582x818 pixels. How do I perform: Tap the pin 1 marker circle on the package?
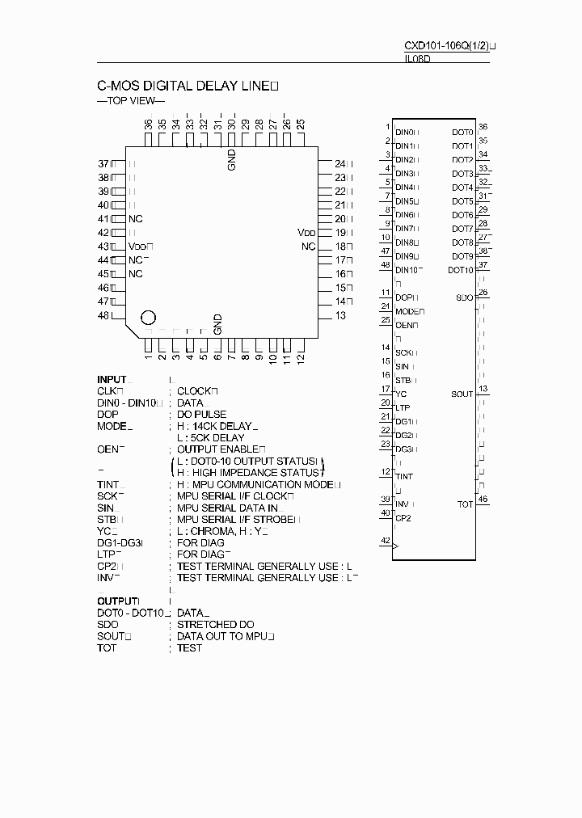pyautogui.click(x=149, y=318)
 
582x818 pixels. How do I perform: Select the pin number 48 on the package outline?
pyautogui.click(x=103, y=315)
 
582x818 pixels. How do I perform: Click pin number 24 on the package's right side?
pyautogui.click(x=340, y=163)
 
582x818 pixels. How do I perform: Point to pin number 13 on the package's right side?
pyautogui.click(x=340, y=315)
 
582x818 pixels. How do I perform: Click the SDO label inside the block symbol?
pyautogui.click(x=464, y=298)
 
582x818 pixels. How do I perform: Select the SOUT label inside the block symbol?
pyautogui.click(x=462, y=394)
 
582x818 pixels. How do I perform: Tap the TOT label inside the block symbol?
pyautogui.click(x=465, y=504)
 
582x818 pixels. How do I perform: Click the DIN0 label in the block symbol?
pyautogui.click(x=405, y=132)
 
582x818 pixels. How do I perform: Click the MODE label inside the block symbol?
pyautogui.click(x=407, y=311)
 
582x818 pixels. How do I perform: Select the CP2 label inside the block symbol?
pyautogui.click(x=403, y=518)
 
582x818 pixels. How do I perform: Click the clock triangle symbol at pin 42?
pyautogui.click(x=395, y=546)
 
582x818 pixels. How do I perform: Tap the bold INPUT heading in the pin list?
pyautogui.click(x=112, y=379)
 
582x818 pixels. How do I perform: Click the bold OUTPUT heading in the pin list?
pyautogui.click(x=116, y=601)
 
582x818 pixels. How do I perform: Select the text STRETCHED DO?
pyautogui.click(x=216, y=625)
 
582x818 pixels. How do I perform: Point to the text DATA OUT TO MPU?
pyautogui.click(x=222, y=637)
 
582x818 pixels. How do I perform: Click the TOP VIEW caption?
pyautogui.click(x=130, y=101)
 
